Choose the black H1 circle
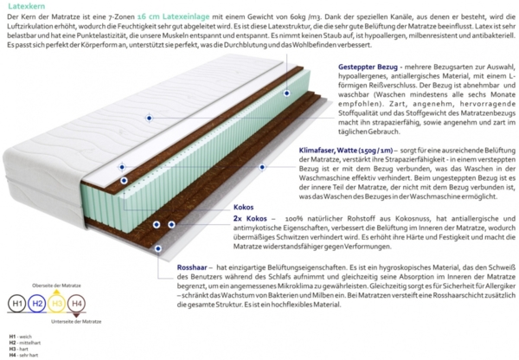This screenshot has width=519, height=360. pyautogui.click(x=16, y=304)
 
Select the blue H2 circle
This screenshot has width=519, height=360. pyautogui.click(x=36, y=304)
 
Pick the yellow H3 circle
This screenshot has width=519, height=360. pyautogui.click(x=57, y=304)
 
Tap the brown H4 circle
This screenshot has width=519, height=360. pyautogui.click(x=77, y=304)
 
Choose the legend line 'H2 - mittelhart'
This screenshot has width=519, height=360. pyautogui.click(x=24, y=342)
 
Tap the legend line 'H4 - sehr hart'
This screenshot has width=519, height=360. pyautogui.click(x=24, y=355)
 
